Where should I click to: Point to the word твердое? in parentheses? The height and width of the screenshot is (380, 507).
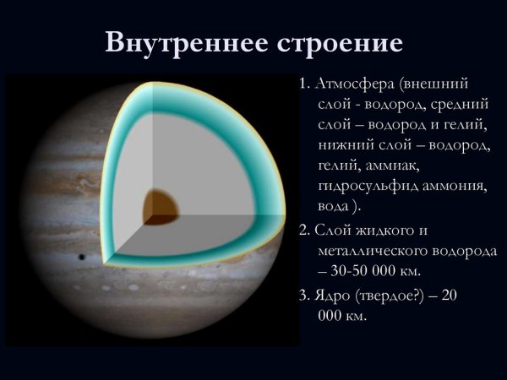click(398, 296)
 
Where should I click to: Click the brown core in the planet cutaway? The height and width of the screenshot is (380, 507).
click(160, 204)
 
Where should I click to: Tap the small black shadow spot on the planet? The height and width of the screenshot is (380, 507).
click(82, 257)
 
